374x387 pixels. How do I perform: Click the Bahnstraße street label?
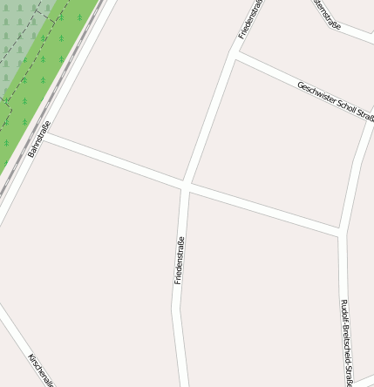point(39,139)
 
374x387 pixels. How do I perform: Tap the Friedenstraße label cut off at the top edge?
point(248,19)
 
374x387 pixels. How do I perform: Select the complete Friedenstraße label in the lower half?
point(179,261)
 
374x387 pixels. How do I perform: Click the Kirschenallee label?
point(41,370)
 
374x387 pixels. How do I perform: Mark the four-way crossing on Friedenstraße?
point(186,185)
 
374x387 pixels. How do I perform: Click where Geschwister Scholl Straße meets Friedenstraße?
point(235,51)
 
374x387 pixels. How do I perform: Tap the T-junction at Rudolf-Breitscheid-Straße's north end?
point(342,233)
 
